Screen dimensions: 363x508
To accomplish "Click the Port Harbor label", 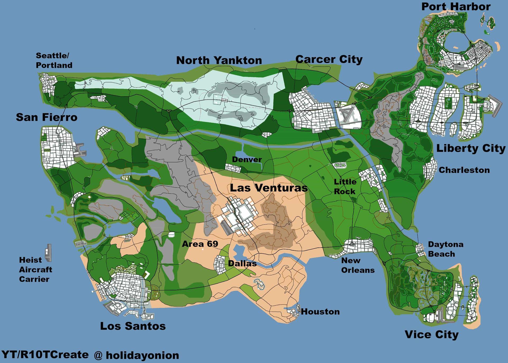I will coord(456,7).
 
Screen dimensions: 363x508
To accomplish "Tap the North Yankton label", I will coord(219,60).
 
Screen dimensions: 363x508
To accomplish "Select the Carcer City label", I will coord(329,59).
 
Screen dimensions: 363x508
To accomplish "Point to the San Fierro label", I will coord(47,117).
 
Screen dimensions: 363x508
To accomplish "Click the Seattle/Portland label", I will coord(54,60).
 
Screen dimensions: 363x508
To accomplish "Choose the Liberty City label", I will coord(470,148).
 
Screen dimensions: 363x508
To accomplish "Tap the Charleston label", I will coord(464,170).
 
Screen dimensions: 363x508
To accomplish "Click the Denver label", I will coord(247,159).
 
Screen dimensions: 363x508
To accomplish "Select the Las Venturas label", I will coord(269,188).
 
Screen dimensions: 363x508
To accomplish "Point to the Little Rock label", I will coord(345,186).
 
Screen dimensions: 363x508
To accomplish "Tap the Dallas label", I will coord(242,263).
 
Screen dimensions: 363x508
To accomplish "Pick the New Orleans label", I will coord(357,265).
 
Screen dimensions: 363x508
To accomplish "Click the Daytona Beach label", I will coord(445,249).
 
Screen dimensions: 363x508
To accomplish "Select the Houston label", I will coord(320,312).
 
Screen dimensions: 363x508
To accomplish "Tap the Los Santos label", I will coord(133,326).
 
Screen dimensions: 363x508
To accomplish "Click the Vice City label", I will coord(432,334).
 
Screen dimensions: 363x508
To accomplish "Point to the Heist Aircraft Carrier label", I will coord(35,270).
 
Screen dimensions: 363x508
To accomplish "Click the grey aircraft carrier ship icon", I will coord(48,253).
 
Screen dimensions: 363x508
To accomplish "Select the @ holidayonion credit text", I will coord(136,355).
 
